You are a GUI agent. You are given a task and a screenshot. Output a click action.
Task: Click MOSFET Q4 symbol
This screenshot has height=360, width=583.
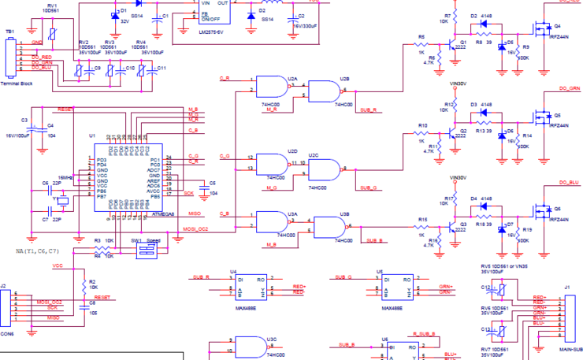541,29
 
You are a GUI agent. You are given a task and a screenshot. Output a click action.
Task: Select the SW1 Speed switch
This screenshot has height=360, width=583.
147,250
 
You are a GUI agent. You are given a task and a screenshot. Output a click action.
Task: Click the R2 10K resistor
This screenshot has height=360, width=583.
83,281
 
